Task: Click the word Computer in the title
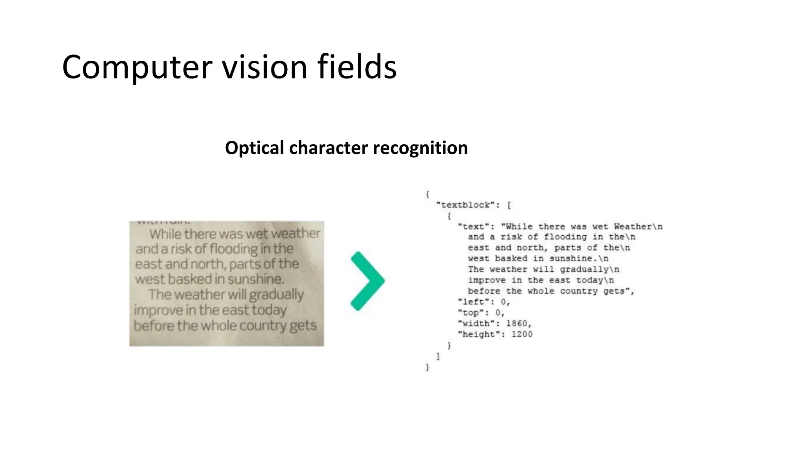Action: [137, 67]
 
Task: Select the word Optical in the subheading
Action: [254, 148]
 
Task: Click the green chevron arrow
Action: [367, 281]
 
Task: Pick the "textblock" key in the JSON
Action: [465, 205]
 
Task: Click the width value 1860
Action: [517, 324]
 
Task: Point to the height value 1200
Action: [522, 335]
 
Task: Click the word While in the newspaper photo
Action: [165, 234]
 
